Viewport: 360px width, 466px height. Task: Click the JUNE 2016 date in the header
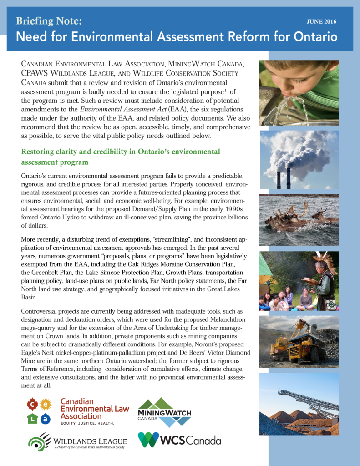322,21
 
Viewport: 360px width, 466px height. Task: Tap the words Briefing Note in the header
49,20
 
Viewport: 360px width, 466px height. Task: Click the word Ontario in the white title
313,36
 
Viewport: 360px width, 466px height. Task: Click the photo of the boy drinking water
299,92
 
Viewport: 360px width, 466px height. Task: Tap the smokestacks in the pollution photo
282,179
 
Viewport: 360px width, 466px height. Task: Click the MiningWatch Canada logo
164,412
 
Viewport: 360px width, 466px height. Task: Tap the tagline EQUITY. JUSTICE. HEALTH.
88,423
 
